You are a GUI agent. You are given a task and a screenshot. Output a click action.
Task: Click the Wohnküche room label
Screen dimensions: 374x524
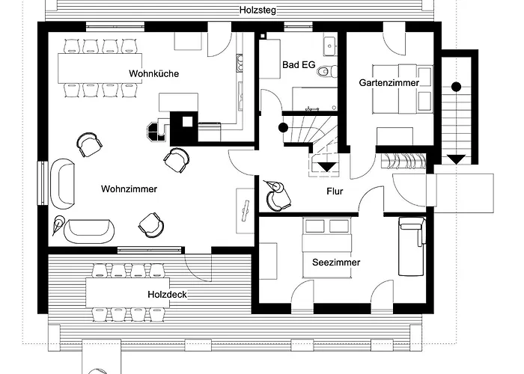coord(151,73)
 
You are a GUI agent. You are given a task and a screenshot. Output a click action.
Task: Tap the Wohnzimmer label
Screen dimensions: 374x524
coord(129,189)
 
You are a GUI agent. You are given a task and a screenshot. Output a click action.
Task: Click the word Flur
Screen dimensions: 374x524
coord(335,191)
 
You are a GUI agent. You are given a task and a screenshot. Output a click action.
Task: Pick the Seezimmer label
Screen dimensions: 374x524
coord(336,263)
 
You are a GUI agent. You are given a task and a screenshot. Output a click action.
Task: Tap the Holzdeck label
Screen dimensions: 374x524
coord(167,295)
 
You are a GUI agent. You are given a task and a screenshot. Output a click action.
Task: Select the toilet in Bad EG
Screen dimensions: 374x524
coord(324,73)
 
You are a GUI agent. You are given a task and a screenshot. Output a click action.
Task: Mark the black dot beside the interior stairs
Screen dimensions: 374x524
coord(284,127)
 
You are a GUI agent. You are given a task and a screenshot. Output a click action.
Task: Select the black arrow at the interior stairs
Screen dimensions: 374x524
coord(326,166)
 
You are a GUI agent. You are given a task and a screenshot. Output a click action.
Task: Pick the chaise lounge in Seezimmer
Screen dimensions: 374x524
coord(411,246)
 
